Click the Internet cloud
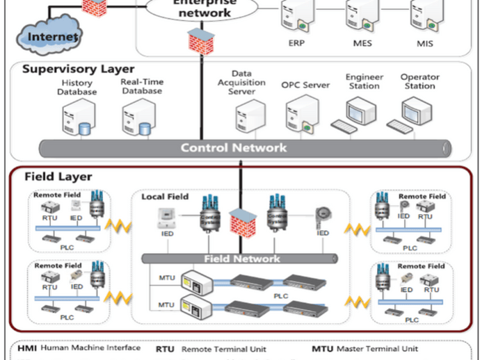[49, 32]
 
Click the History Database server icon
[76, 119]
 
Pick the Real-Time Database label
[141, 85]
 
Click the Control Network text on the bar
[233, 147]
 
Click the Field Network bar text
[242, 259]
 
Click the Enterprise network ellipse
[202, 8]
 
